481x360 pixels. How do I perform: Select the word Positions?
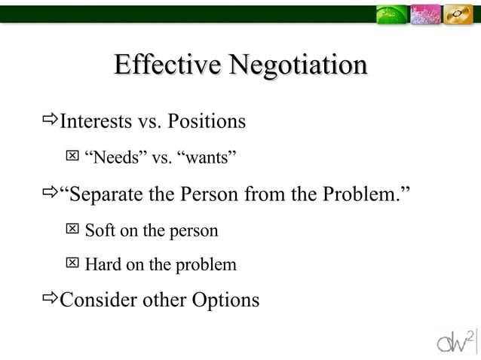tap(207, 121)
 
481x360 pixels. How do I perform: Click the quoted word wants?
tap(207, 157)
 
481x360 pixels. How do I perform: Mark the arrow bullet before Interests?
tap(51, 120)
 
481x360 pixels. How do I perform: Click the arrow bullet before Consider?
tap(51, 299)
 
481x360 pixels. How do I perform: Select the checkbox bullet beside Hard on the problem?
tap(72, 263)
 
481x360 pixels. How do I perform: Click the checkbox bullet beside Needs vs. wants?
tap(72, 156)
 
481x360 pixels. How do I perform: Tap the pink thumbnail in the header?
tap(426, 14)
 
